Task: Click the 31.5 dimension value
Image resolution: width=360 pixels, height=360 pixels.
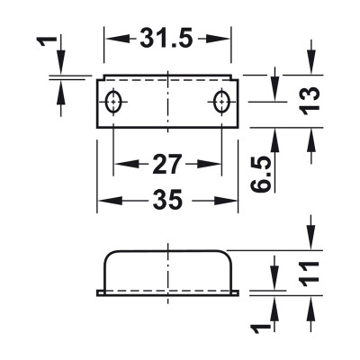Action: point(166,39)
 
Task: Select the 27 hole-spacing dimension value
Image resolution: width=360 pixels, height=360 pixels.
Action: point(166,164)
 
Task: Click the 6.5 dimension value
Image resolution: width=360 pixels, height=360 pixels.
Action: point(260,172)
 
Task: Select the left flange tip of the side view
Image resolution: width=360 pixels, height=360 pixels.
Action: point(99,292)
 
